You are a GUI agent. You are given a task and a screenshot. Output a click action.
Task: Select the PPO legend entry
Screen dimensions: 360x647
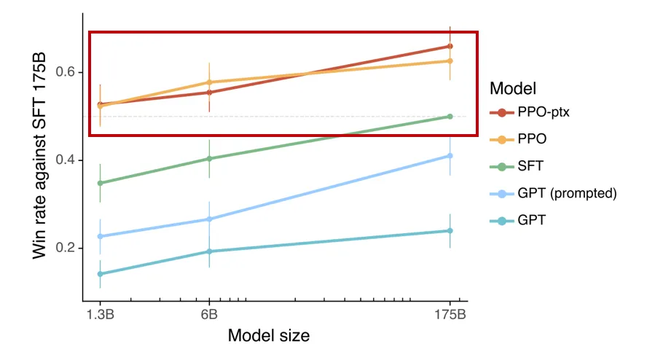[x=532, y=138]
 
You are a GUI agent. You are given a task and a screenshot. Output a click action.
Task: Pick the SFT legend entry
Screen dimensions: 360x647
[x=530, y=166]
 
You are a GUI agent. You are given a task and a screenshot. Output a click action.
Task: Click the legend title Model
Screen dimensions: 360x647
[x=513, y=88]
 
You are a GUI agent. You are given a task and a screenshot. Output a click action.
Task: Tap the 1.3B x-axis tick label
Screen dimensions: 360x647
[x=100, y=315]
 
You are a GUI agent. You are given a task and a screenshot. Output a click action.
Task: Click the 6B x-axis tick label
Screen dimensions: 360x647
[x=209, y=315]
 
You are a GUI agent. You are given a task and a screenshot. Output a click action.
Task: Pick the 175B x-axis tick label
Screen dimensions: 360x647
[x=450, y=315]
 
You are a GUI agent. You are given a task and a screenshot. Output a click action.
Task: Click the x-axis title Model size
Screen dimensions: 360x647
[x=269, y=337]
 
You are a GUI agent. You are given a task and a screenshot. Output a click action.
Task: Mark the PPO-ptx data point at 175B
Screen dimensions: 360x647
[x=450, y=46]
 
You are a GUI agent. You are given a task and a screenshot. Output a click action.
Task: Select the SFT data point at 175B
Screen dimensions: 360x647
[x=450, y=117]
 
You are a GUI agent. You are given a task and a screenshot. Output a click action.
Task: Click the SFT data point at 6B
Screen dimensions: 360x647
[x=209, y=158]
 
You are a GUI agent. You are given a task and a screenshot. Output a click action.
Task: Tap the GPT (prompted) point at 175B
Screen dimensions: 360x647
[x=450, y=155]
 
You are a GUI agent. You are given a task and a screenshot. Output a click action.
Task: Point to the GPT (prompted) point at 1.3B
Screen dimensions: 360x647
[x=100, y=236]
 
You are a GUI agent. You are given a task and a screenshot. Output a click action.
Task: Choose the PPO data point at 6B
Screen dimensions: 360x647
[x=209, y=82]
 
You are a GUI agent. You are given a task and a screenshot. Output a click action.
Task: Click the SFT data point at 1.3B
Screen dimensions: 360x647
[x=100, y=183]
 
